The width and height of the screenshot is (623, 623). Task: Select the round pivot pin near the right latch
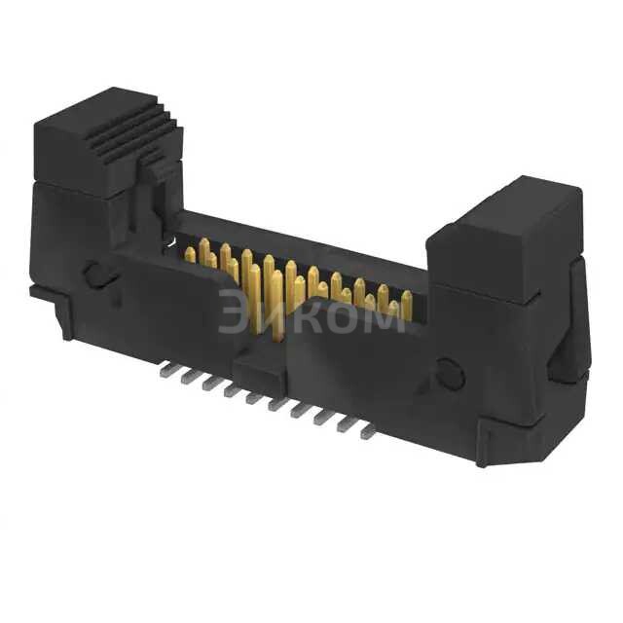pos(449,373)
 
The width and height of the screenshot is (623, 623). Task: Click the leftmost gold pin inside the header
pos(191,255)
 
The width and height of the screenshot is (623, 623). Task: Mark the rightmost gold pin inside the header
pos(407,305)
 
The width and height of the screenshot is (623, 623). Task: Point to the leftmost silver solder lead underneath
pos(164,369)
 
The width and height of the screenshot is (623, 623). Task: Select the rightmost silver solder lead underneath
pos(368,432)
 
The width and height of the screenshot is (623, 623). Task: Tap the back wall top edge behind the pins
pos(302,239)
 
